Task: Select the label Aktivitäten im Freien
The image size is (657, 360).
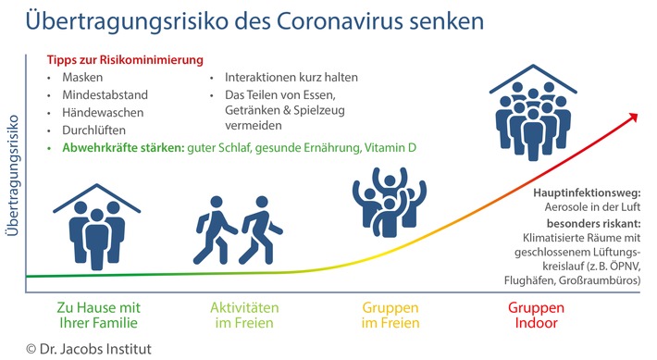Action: (x=239, y=314)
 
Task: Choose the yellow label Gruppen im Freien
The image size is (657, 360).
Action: (x=389, y=314)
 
